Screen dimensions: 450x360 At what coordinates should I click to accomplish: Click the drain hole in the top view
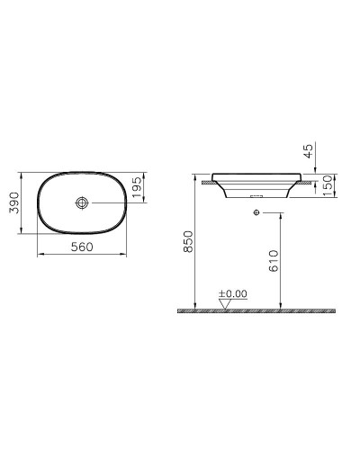pyautogui.click(x=82, y=204)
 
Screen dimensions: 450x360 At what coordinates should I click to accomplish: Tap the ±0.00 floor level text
pyautogui.click(x=234, y=293)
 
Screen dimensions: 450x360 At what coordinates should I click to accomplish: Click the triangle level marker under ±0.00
pyautogui.click(x=224, y=303)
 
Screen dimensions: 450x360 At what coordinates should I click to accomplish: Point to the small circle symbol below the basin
pyautogui.click(x=257, y=212)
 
